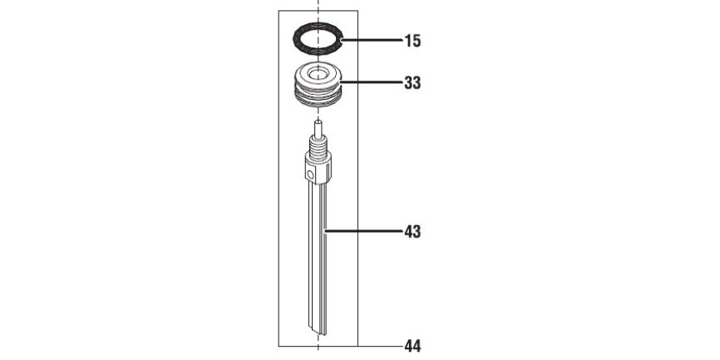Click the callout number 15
(412, 41)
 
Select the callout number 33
(412, 83)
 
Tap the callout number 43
(412, 232)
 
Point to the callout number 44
(412, 346)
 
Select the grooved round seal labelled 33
(318, 85)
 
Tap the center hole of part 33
(318, 73)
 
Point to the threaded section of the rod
(318, 146)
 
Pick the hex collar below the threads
(318, 168)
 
